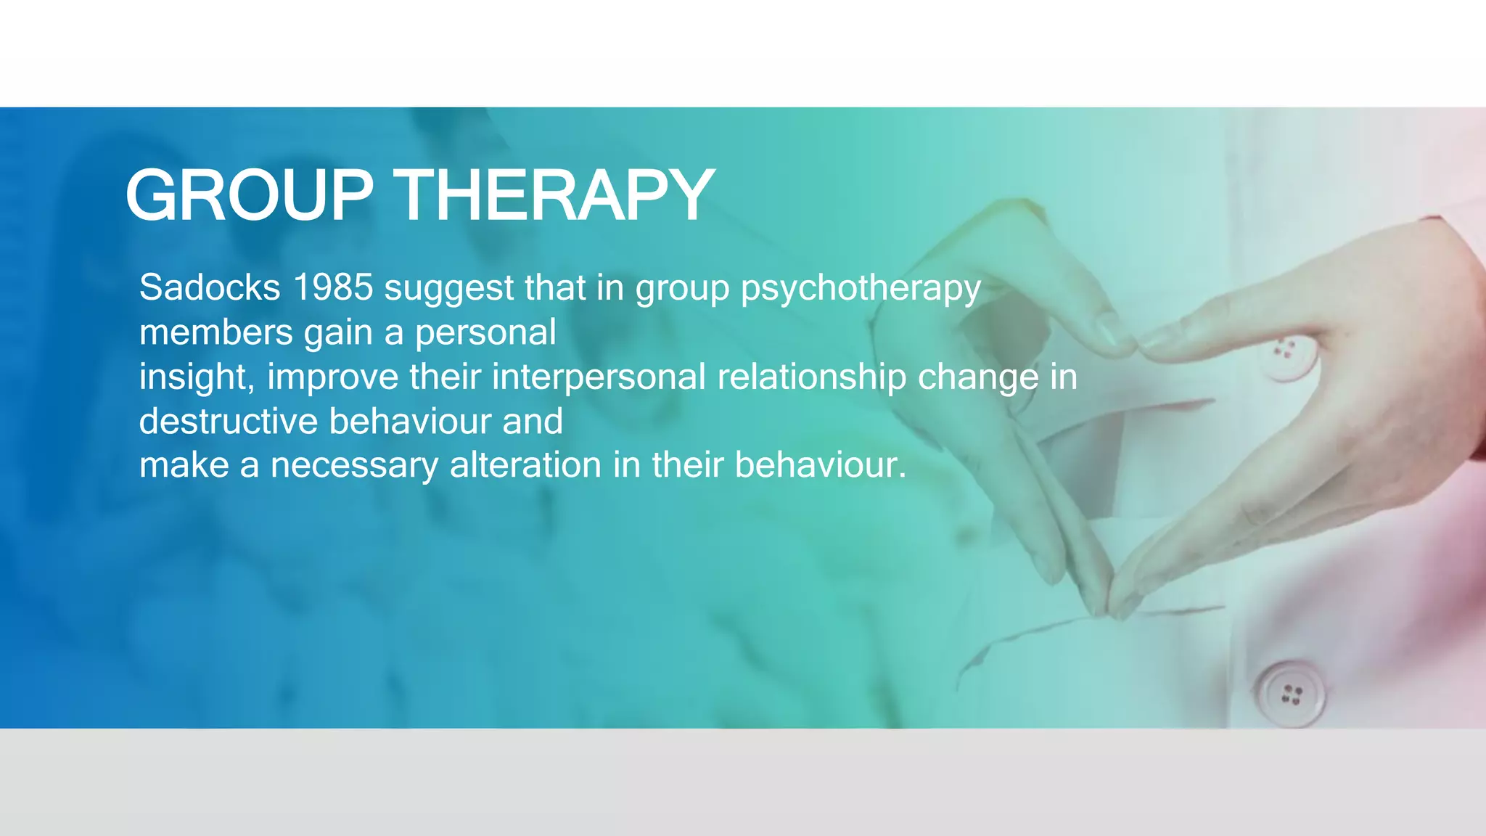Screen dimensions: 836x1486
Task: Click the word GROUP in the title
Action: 249,195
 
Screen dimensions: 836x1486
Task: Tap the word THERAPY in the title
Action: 557,195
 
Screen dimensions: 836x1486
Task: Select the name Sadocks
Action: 210,287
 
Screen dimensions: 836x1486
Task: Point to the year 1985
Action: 332,287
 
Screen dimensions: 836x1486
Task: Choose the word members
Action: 215,332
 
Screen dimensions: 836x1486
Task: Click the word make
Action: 184,465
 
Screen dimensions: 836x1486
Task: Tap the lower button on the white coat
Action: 1291,694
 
